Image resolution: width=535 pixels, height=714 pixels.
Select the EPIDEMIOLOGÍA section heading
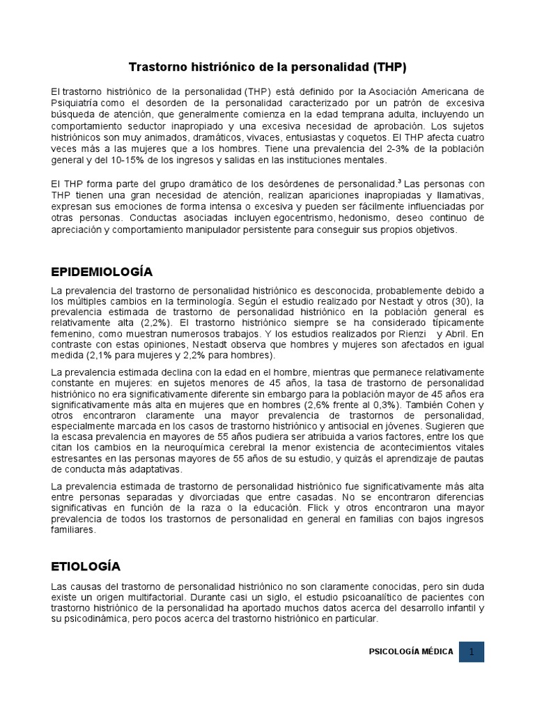click(102, 271)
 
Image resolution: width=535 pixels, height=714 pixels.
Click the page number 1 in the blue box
click(472, 652)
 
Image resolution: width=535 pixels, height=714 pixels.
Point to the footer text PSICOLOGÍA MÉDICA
click(411, 652)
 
